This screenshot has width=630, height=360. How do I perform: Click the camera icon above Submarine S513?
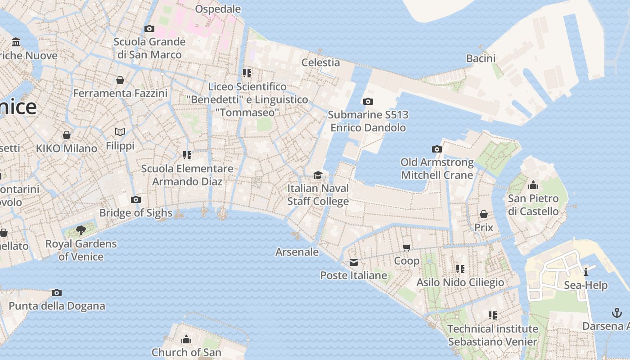pos(368,102)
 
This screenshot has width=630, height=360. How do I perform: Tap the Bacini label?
pos(481,58)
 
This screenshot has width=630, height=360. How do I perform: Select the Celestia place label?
pos(320,63)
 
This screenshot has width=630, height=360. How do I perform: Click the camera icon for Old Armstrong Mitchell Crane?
pos(436,149)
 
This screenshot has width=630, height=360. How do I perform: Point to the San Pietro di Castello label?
pos(533,205)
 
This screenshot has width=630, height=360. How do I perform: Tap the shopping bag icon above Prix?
pos(484,214)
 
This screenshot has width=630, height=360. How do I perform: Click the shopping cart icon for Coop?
pos(407,247)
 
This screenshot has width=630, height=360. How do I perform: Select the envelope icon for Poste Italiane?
pos(354,262)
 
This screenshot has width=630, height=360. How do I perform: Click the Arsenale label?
pos(297,252)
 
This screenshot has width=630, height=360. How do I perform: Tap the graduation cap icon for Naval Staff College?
pos(318,175)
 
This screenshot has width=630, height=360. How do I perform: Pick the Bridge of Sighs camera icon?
pos(136,200)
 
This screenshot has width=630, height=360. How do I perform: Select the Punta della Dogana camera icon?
pos(57,293)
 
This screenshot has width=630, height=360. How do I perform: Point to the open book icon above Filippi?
pos(120,132)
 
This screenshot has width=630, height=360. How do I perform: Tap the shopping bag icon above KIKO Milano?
pos(67,135)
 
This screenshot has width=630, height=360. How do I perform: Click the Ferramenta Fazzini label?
pos(120,93)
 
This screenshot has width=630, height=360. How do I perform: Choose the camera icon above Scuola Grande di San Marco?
pos(149,29)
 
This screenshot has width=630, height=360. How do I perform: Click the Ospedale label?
pos(218,9)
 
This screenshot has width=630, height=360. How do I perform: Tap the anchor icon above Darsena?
pos(617,312)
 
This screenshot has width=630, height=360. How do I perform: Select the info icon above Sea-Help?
pos(586,272)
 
